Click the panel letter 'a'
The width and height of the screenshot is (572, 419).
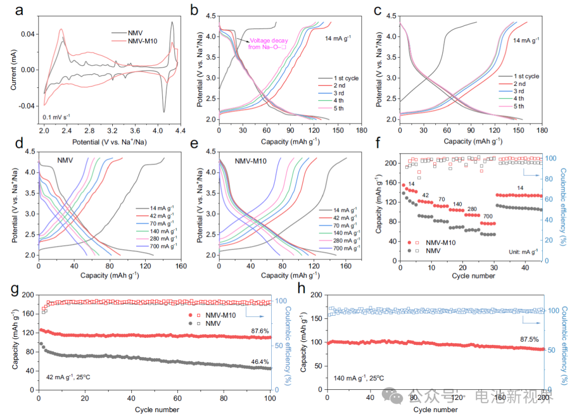[19, 11]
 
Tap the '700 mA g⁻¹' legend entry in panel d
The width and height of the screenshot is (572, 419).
[160, 247]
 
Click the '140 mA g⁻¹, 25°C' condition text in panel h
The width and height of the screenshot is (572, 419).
[360, 379]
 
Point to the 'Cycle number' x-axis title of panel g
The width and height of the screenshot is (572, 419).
[157, 409]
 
